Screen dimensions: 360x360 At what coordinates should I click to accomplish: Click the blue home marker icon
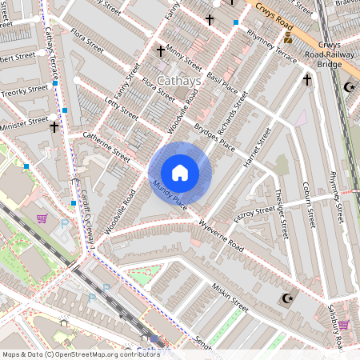pos(180,173)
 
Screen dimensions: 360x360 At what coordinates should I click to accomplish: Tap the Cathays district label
pos(180,81)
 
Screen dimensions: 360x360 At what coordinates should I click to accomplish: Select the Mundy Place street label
pos(169,196)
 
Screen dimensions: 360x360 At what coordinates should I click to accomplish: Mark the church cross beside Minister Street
pos(54,126)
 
